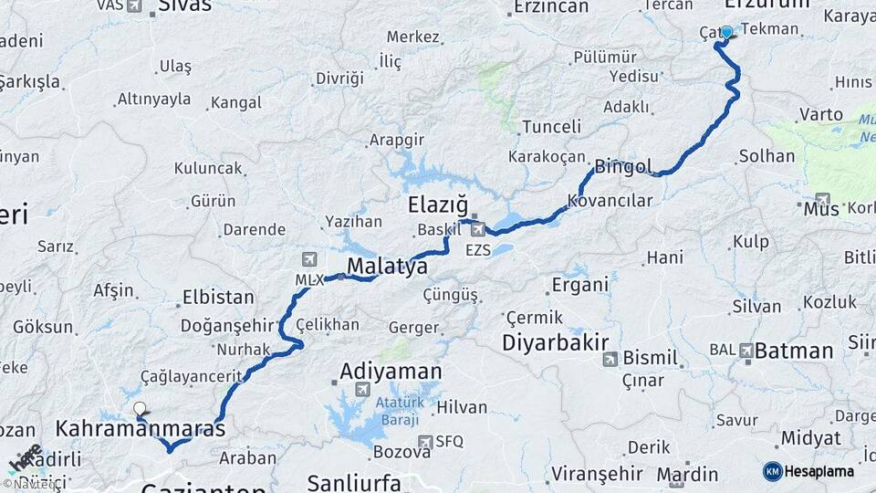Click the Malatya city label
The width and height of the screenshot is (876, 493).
click(387, 267)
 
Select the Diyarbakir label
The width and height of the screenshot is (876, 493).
click(555, 343)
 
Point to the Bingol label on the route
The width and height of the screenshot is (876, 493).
click(624, 167)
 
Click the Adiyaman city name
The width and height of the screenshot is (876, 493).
click(391, 372)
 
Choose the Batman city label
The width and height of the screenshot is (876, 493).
click(795, 351)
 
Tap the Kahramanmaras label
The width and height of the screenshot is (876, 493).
click(141, 428)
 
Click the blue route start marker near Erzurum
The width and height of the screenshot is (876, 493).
click(726, 32)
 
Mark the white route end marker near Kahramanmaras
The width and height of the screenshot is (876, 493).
click(139, 408)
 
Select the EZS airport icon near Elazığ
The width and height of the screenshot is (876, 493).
click(478, 228)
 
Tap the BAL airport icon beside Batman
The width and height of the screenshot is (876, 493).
click(747, 350)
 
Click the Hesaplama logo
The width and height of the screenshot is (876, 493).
click(809, 471)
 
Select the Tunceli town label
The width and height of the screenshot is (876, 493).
click(552, 127)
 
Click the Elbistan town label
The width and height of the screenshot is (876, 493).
click(218, 297)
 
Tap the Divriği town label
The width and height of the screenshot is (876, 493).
click(339, 78)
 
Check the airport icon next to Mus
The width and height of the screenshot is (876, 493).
click(822, 199)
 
